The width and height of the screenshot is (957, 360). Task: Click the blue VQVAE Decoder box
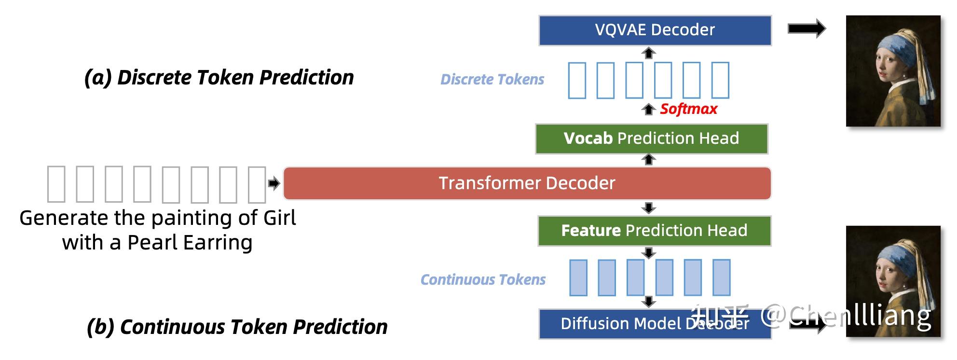click(x=655, y=30)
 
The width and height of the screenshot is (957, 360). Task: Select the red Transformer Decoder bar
click(x=527, y=183)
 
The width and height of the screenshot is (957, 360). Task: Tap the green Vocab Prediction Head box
click(x=651, y=139)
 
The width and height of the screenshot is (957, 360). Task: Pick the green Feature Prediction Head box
click(x=654, y=231)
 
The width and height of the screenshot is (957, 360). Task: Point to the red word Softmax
click(x=688, y=109)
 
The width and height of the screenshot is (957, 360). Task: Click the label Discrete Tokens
click(x=492, y=80)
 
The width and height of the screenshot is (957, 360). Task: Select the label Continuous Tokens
click(x=483, y=280)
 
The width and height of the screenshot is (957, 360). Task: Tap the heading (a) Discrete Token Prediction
click(x=219, y=78)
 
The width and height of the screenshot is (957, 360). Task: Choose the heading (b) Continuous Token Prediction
click(x=237, y=327)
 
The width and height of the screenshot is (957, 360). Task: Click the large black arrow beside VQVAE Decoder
click(x=807, y=29)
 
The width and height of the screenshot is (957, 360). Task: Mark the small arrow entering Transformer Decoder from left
click(x=274, y=183)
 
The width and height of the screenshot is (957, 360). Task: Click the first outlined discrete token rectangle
click(x=577, y=80)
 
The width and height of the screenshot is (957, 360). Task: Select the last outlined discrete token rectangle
click(x=720, y=80)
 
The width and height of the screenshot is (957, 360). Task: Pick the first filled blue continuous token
click(x=578, y=277)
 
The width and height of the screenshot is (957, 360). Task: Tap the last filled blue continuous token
click(x=722, y=277)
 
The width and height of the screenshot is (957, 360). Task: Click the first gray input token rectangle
click(x=56, y=184)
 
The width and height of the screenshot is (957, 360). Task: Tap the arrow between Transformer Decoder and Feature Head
click(x=649, y=208)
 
